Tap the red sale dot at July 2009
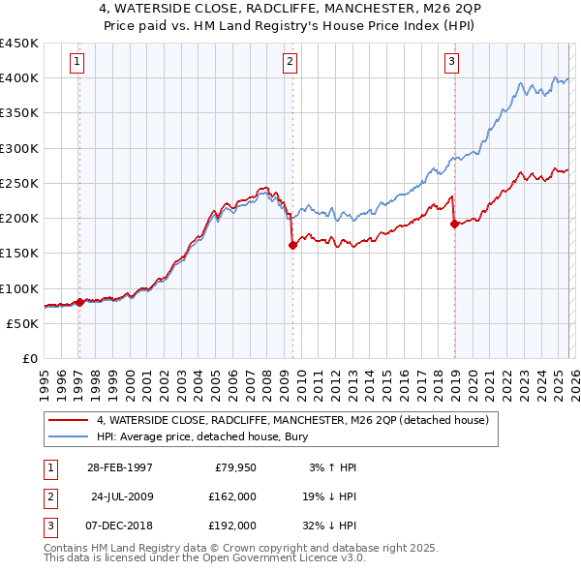[291, 246]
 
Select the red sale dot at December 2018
[454, 225]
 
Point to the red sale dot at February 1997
[79, 302]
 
